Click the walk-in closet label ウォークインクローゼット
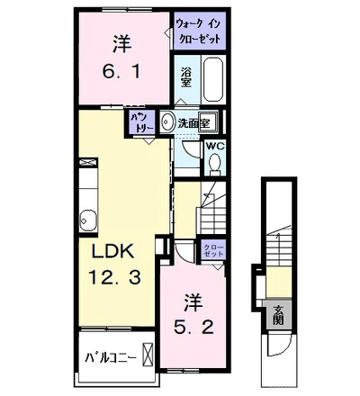(x=198, y=31)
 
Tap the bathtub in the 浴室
(x=213, y=79)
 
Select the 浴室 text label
(x=186, y=77)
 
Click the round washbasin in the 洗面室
(x=166, y=121)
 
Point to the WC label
(x=215, y=146)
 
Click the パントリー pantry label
(x=141, y=122)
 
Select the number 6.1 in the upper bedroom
(x=121, y=72)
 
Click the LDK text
(x=112, y=251)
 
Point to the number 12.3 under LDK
(x=114, y=276)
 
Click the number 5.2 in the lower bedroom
(x=193, y=327)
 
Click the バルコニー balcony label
(x=111, y=357)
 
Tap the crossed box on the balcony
(x=148, y=355)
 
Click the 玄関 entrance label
(x=279, y=316)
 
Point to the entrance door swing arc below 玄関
(x=283, y=348)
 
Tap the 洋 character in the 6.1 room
(x=122, y=44)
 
